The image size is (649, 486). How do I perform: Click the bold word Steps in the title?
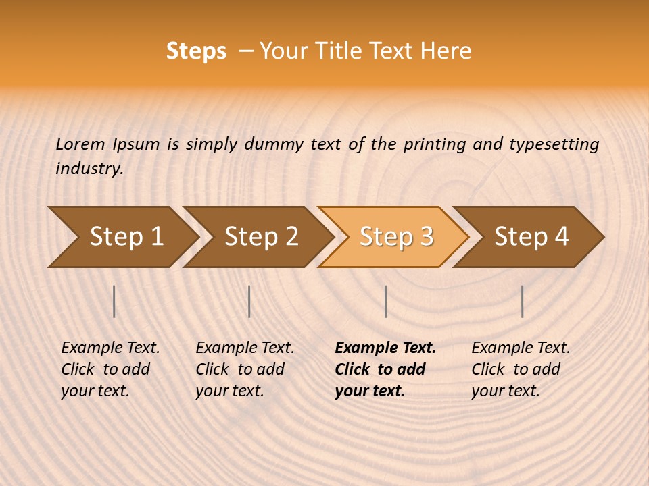coord(196,51)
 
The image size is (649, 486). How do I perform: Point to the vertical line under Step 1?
coord(114,301)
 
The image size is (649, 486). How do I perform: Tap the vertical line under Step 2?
coord(249,301)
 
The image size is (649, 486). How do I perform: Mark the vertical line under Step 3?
coord(385,301)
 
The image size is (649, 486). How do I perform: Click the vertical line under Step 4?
coord(522,301)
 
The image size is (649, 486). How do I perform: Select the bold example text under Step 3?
coord(385,369)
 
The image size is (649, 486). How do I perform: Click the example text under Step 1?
coord(110,369)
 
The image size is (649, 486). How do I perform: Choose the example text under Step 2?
coord(244,369)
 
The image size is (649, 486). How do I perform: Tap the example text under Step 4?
coord(520,369)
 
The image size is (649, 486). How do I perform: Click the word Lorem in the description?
coord(80,144)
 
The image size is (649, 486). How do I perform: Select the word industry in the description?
coord(89,169)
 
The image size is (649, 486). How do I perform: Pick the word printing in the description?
coord(435,144)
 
